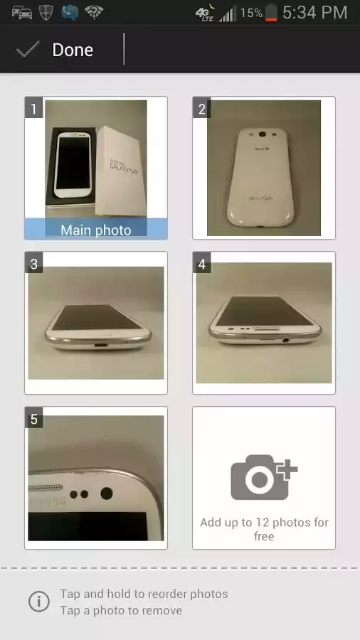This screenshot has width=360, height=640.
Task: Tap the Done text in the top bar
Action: tap(73, 50)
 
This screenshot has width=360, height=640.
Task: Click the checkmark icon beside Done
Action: tap(28, 49)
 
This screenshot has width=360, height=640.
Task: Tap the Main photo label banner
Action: tap(96, 230)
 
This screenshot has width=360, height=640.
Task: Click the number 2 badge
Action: tap(201, 109)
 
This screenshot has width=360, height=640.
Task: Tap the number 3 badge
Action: tap(33, 264)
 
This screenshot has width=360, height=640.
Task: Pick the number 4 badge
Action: tap(201, 264)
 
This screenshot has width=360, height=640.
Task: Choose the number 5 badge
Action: tap(33, 419)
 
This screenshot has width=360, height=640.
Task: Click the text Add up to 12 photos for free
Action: tap(264, 529)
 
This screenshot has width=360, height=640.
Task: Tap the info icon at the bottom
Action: tap(38, 602)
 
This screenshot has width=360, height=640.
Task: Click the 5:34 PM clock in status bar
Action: tap(314, 12)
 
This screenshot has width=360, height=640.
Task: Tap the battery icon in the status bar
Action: tap(271, 13)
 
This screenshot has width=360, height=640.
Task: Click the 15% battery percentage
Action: tap(250, 13)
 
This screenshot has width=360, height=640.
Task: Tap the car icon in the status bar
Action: tap(21, 12)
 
